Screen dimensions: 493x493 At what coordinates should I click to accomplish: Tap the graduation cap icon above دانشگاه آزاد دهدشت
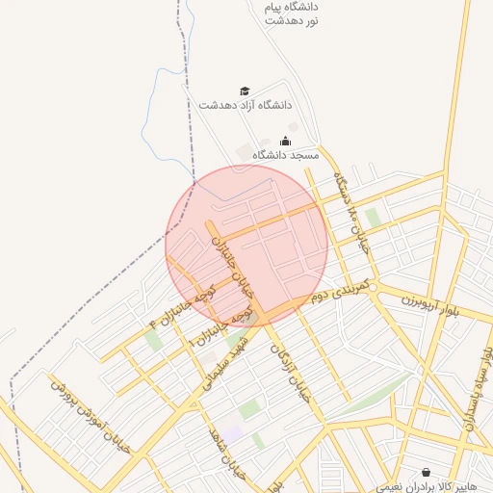(245, 91)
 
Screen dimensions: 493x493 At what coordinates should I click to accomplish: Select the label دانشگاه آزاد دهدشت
(246, 105)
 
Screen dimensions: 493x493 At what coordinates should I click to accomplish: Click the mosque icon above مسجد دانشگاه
(285, 141)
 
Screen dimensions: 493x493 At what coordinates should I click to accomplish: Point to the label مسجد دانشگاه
(285, 155)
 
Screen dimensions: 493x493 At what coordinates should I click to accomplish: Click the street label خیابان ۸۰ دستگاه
(350, 213)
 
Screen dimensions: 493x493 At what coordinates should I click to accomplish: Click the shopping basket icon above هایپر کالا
(427, 473)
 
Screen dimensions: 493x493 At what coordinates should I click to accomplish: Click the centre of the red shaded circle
(246, 246)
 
